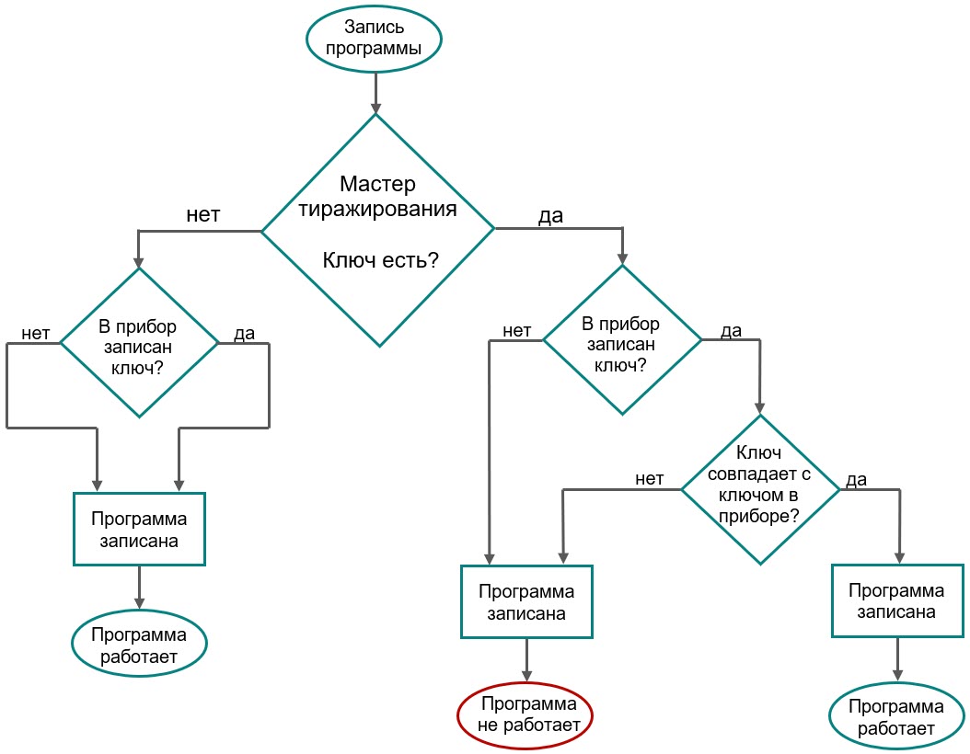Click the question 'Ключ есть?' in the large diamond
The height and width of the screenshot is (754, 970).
379,260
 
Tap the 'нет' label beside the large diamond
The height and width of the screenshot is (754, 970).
203,214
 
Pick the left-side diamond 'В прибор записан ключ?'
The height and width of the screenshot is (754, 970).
139,342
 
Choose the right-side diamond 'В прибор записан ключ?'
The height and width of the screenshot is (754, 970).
622,340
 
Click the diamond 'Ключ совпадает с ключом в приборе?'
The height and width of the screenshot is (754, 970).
760,488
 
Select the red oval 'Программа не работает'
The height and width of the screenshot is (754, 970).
525,715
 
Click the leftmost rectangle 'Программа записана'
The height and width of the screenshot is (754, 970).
139,529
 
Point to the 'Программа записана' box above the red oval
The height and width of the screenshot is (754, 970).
526,602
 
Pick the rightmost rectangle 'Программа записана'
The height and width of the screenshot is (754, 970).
897,600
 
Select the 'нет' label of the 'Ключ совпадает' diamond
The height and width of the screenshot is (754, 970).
650,478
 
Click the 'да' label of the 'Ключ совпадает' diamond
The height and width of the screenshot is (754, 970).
856,479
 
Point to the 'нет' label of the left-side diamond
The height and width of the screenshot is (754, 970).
35,332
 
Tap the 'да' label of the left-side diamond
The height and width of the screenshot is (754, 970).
244,333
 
